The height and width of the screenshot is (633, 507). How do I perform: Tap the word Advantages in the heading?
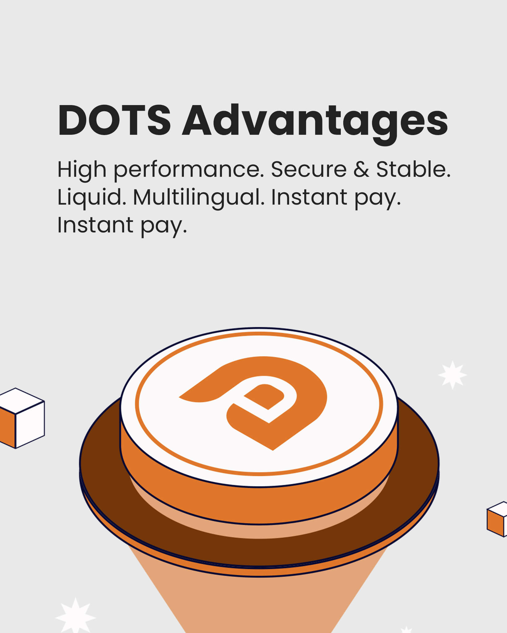point(315,124)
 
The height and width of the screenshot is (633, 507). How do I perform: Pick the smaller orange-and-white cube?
point(497,519)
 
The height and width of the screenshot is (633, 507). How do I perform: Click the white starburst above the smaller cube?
point(453,375)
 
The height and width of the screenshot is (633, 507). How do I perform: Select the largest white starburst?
point(76,617)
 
